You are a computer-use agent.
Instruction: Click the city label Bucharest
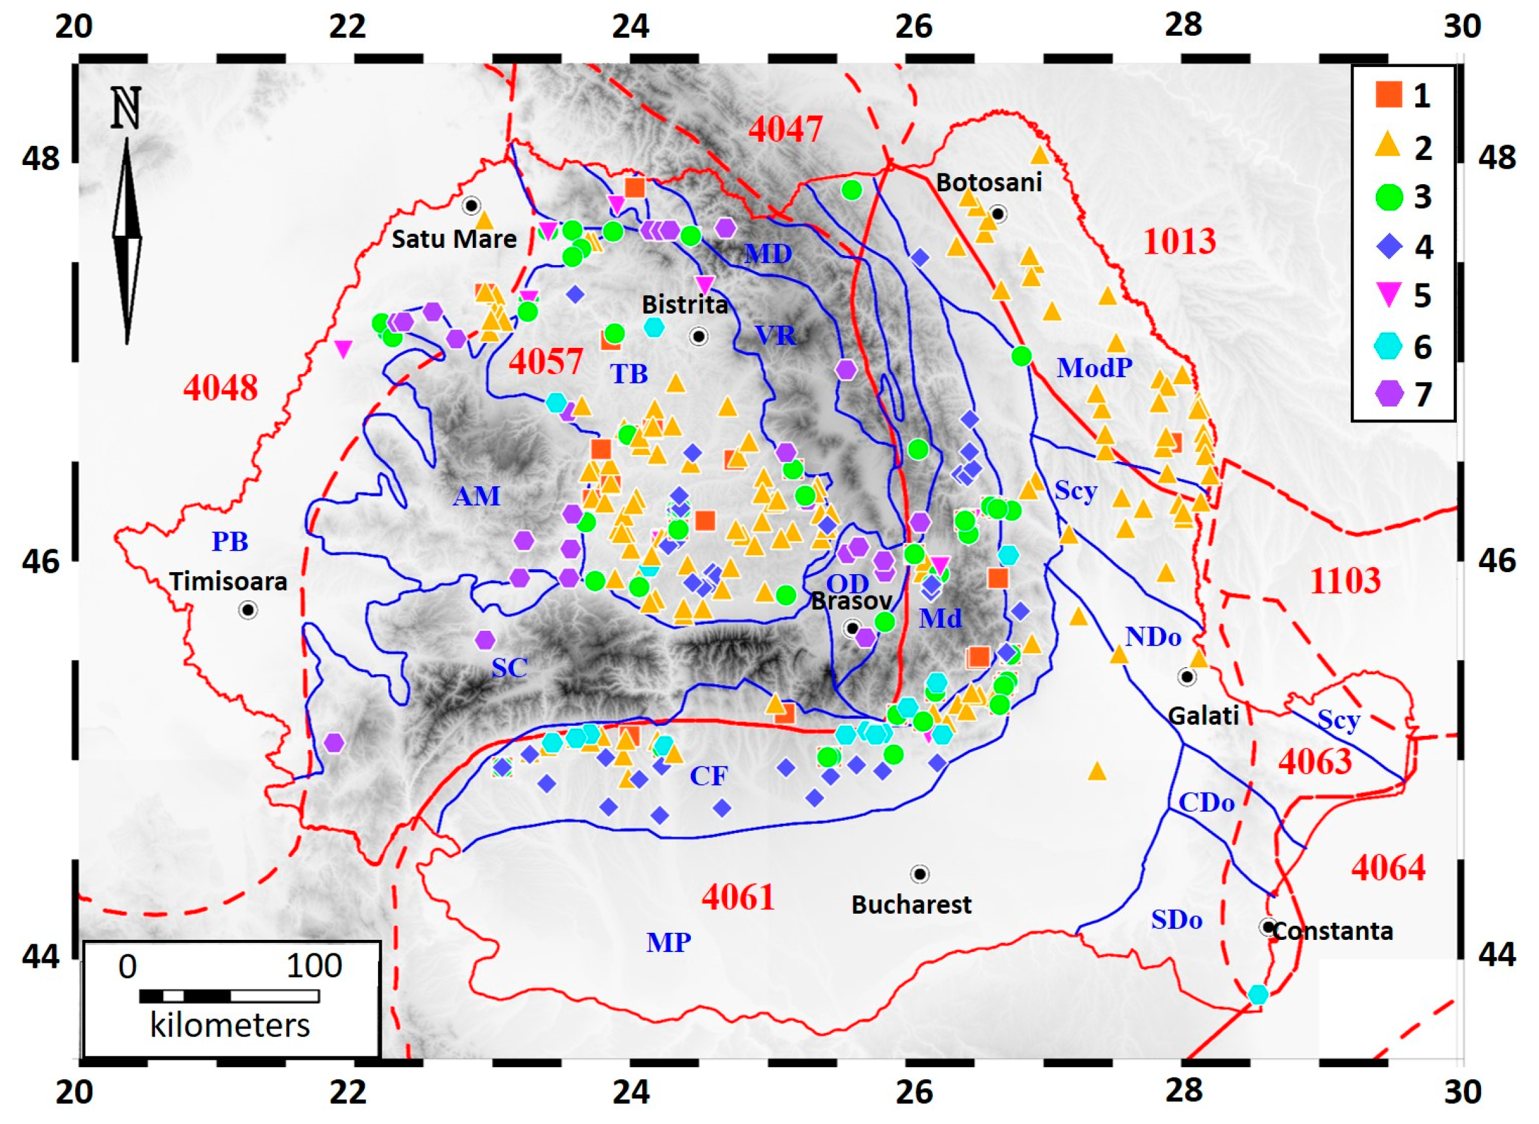point(911,904)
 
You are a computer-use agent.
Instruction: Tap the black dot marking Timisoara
point(249,610)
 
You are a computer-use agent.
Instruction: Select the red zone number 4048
point(220,389)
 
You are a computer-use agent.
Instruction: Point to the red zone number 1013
point(1179,241)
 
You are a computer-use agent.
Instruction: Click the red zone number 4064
point(1388,868)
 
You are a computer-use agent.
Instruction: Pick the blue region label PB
point(229,542)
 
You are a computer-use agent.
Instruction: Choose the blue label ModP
point(1094,368)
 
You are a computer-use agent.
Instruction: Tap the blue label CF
point(708,775)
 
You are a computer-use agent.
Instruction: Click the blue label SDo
point(1176,920)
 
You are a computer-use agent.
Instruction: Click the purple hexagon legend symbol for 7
point(1389,393)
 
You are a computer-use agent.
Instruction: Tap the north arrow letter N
point(126,108)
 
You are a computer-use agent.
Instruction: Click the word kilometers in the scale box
point(229,1025)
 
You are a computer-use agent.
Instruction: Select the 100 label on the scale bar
point(314,966)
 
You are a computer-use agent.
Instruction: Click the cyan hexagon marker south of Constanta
point(1258,995)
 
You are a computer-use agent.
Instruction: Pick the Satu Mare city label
point(454,239)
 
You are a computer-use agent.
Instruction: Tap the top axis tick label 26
point(913,27)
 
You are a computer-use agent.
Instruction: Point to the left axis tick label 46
point(41,561)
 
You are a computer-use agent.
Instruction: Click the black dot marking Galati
point(1187,677)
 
